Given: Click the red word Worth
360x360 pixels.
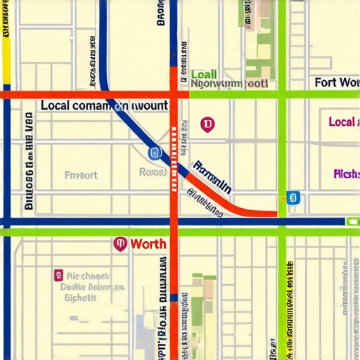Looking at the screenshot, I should pos(149,244).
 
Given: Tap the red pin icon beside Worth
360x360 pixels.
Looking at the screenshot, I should pos(120,244).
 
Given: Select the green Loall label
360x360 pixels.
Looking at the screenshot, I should pos(204,75).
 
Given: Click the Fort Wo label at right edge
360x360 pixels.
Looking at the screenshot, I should pos(336,82).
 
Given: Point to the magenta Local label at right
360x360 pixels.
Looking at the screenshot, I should pos(343,122).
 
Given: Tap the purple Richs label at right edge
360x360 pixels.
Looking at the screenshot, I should pos(346,174).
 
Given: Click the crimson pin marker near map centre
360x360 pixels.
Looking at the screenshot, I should pos(207,125).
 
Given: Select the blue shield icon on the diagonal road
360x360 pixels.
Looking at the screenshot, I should pos(155,153).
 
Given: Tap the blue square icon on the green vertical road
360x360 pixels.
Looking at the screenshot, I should pos(293,197).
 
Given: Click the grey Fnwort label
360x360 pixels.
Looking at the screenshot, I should pos(81,174).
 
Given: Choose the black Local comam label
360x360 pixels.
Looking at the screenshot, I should pos(104,105).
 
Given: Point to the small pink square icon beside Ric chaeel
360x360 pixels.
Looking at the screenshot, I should pos(58,275).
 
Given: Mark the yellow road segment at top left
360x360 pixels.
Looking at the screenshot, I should pos(6,42).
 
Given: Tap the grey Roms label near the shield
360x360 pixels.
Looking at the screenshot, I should pos(153,172).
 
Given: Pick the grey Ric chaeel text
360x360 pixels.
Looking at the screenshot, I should pos(92,276).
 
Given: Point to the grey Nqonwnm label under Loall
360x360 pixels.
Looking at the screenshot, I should pos(229,83).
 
